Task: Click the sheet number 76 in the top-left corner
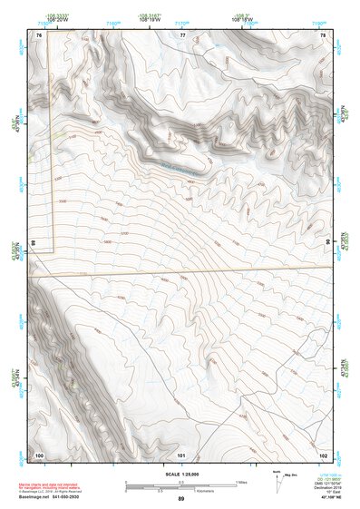pos(39,34)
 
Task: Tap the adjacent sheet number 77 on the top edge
pos(182,34)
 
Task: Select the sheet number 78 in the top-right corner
pos(324,34)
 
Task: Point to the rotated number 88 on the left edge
pos(33,243)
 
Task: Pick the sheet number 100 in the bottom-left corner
pos(39,454)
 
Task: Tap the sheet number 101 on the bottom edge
pos(181,454)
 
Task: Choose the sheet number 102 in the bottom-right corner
pos(324,454)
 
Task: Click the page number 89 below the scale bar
pos(181,499)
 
